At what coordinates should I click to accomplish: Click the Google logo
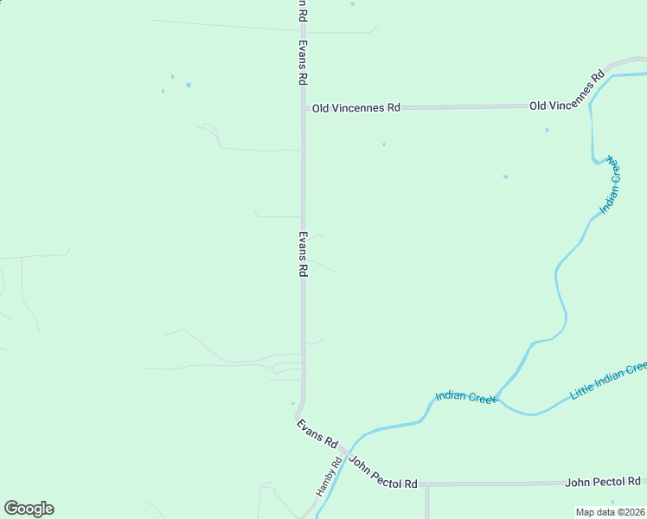[x=29, y=509]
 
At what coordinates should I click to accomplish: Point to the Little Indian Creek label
[x=608, y=381]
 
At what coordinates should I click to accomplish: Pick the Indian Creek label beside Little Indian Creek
[x=465, y=397]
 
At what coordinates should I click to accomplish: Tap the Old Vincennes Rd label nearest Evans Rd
[x=356, y=108]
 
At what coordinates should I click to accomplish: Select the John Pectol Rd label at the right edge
[x=603, y=481]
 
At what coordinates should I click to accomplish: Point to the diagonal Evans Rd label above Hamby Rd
[x=317, y=432]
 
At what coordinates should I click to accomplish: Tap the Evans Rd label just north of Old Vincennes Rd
[x=303, y=62]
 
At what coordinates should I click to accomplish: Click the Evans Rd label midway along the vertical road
[x=303, y=253]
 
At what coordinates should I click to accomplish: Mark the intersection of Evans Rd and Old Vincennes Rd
[x=303, y=109]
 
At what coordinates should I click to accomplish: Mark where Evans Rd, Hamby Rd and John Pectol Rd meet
[x=345, y=452]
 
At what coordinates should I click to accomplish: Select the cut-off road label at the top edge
[x=302, y=10]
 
